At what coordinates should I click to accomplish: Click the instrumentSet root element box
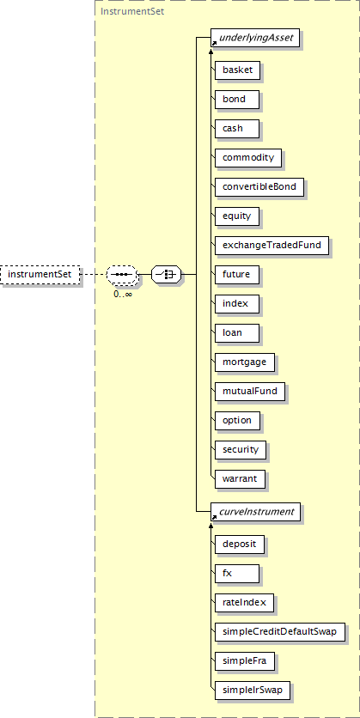click(40, 275)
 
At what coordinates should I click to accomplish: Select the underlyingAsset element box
click(255, 38)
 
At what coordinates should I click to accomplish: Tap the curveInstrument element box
click(255, 512)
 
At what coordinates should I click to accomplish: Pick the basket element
click(238, 70)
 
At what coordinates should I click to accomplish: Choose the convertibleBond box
click(259, 187)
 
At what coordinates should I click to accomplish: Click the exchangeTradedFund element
click(272, 246)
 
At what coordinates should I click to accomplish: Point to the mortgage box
click(245, 362)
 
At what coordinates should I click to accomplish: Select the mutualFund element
click(250, 392)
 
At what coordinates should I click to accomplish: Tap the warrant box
click(240, 479)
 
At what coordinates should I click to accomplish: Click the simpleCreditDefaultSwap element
click(279, 632)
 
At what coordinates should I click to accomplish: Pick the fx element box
click(237, 574)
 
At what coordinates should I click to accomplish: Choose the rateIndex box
click(245, 603)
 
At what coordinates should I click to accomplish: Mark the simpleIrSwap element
click(253, 691)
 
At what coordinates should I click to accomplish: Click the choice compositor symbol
click(167, 275)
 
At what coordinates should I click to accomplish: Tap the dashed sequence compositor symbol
click(121, 275)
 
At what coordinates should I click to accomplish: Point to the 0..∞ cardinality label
click(123, 294)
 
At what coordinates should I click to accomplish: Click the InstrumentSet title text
click(132, 11)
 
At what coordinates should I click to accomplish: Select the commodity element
click(248, 157)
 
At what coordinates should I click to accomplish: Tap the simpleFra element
click(245, 661)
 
